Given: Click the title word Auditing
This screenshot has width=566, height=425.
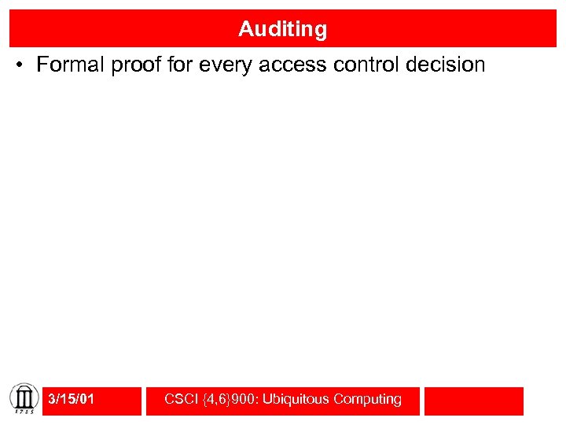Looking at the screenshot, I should click(x=282, y=29).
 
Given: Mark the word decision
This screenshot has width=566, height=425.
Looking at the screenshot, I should click(x=445, y=65).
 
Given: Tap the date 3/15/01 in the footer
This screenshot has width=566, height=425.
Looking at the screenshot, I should click(x=71, y=400).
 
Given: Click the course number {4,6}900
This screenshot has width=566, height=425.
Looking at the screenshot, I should click(x=230, y=400).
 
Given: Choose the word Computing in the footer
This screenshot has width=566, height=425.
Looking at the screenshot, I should click(x=367, y=400).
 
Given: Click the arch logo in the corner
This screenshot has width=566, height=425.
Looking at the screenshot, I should click(x=24, y=395).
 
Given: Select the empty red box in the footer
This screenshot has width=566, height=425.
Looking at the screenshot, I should click(x=473, y=401).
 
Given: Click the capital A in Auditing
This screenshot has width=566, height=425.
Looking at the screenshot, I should click(x=245, y=29).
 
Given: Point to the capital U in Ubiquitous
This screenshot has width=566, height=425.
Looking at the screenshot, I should click(x=267, y=400).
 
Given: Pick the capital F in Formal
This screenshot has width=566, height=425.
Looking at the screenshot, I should click(x=42, y=65).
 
